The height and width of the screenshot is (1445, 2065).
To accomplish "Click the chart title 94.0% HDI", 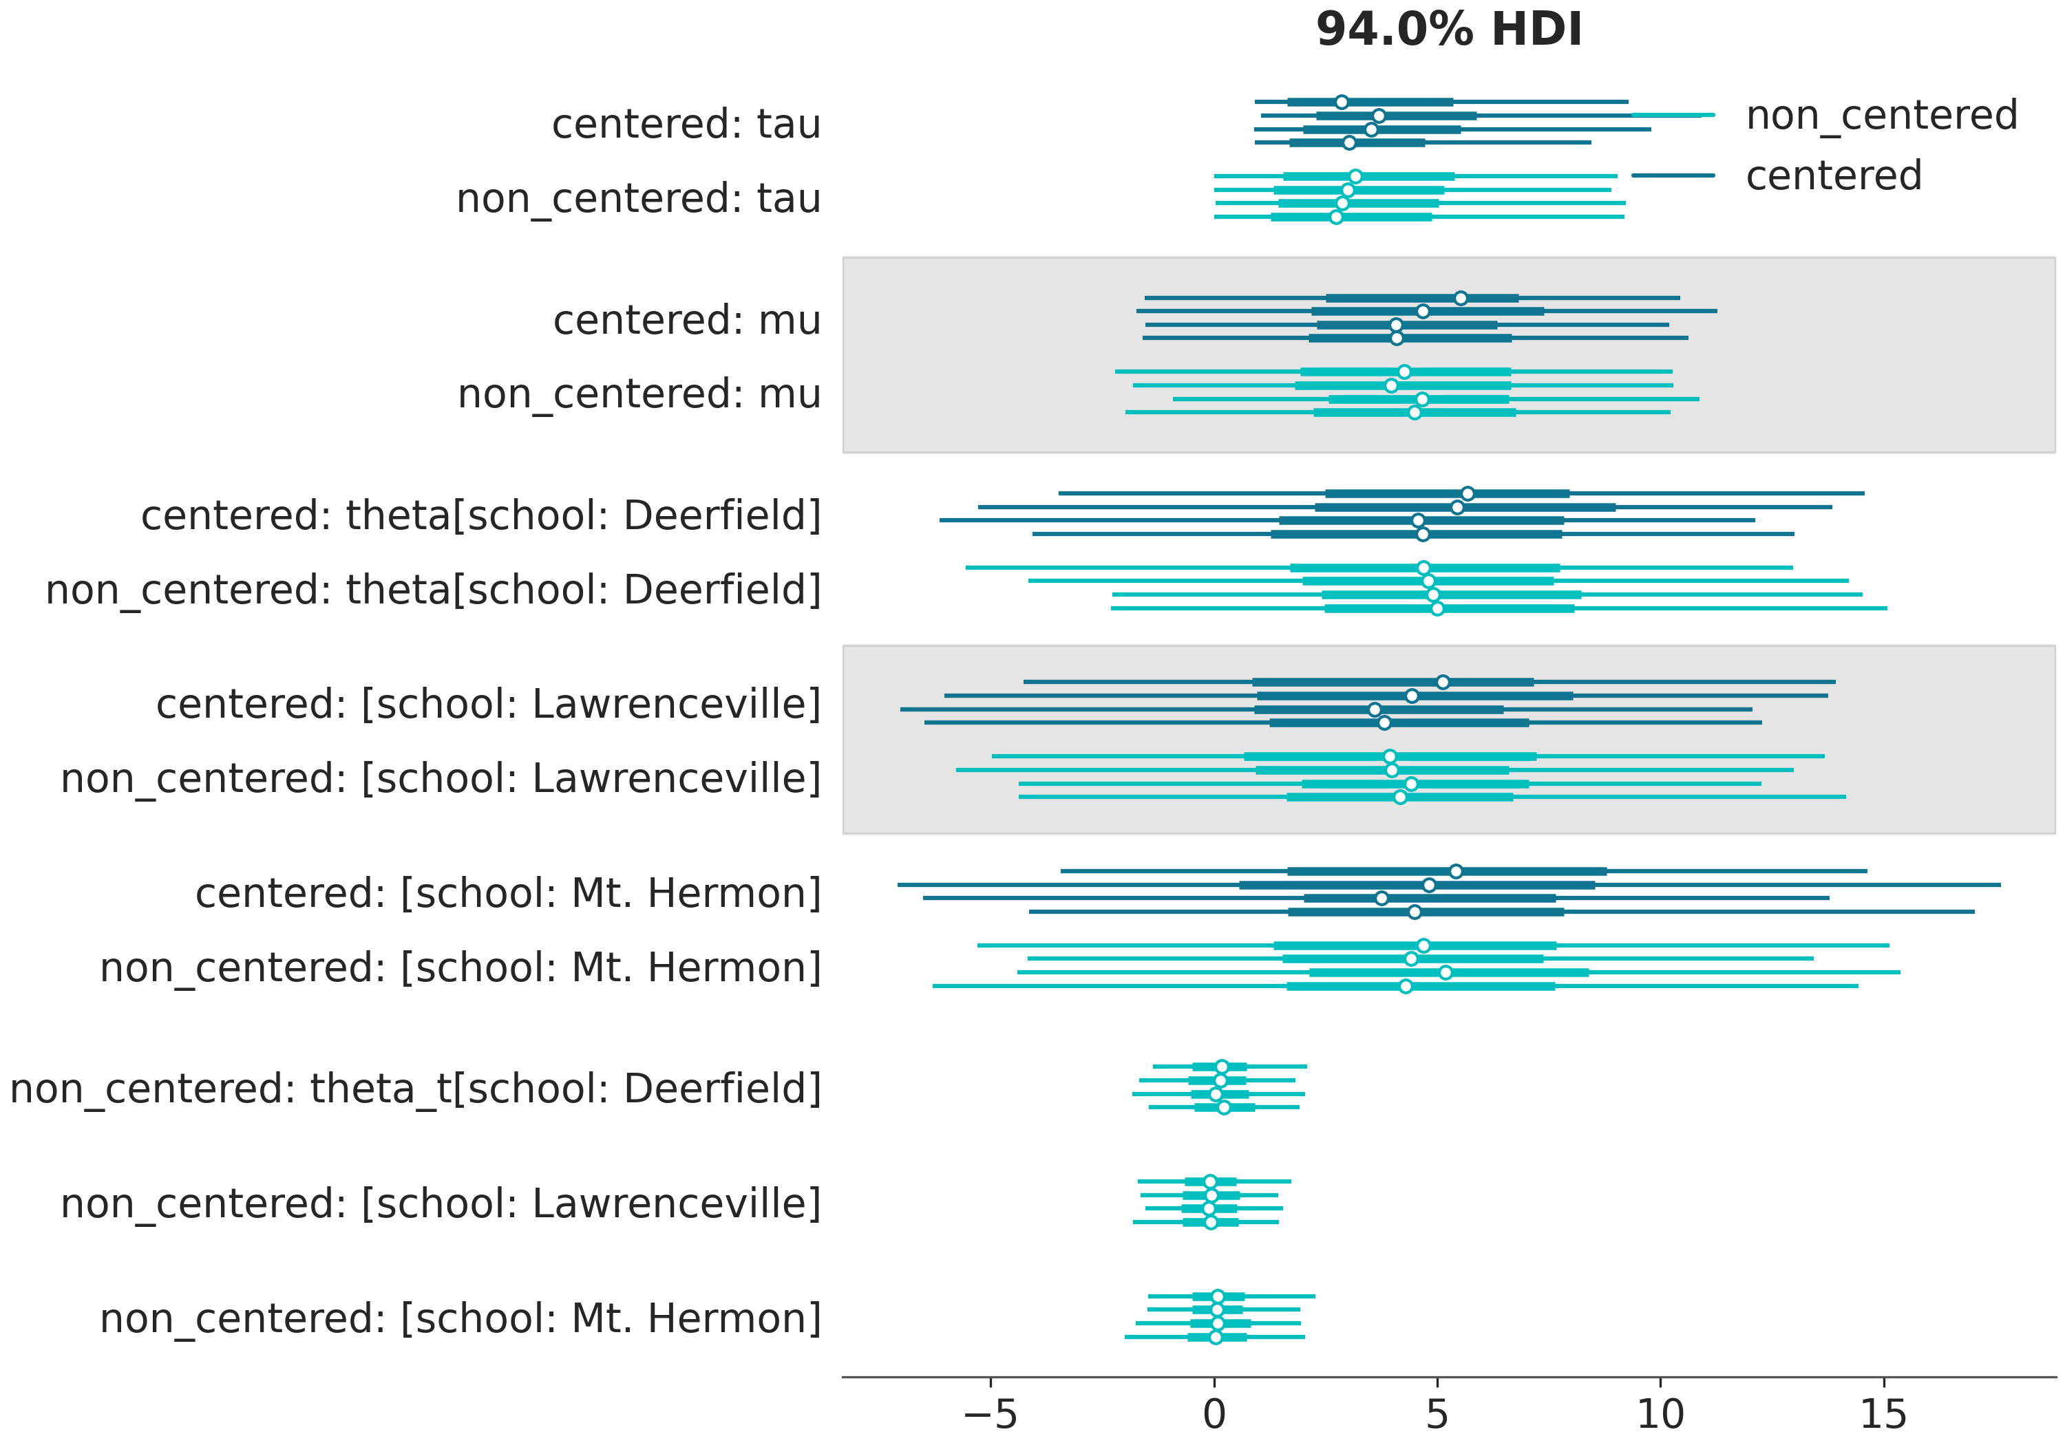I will [1448, 30].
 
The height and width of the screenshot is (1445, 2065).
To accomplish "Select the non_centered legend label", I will [1881, 115].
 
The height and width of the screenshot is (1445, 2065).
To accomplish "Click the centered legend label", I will [1833, 175].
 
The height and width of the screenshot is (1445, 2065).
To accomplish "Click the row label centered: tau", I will [686, 124].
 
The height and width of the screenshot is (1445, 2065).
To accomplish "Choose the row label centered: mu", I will [686, 320].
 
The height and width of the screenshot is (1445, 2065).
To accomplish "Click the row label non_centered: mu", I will [639, 394].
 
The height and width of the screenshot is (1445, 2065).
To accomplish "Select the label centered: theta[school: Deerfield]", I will [481, 516].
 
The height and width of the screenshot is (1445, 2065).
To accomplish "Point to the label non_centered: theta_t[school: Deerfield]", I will [416, 1089].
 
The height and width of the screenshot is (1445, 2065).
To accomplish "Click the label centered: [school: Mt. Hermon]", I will [508, 894].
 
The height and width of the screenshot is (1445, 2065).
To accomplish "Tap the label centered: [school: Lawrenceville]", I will [488, 704].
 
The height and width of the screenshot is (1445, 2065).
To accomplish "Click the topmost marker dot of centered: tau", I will [1341, 102].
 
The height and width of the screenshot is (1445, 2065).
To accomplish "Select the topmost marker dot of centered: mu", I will [1461, 298].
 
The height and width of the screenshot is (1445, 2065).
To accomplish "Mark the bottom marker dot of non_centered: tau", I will [1335, 217].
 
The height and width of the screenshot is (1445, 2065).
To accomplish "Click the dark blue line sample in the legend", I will [1672, 175].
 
